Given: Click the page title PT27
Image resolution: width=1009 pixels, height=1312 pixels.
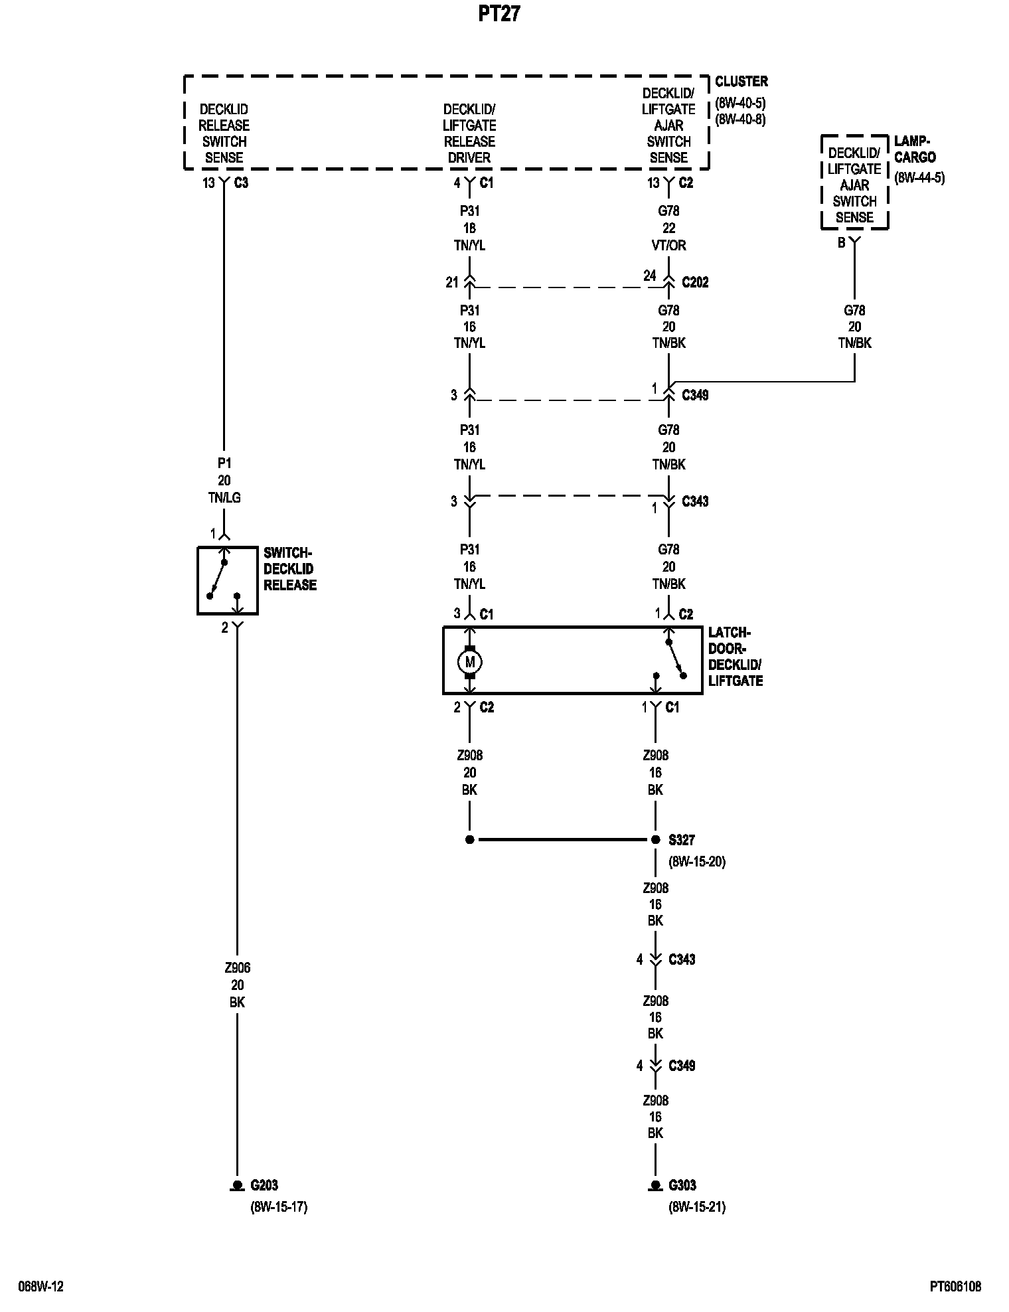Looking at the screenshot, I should tap(499, 15).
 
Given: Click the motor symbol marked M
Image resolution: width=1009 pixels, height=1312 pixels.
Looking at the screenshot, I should tap(470, 662).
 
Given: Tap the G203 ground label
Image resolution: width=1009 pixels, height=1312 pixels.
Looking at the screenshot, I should tap(264, 1185).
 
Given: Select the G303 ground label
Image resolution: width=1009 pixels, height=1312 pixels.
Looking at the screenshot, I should tap(682, 1185).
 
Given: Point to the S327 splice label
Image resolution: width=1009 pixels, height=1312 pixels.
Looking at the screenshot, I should tap(682, 840).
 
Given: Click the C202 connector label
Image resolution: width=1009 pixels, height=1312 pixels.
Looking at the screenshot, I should tap(695, 282).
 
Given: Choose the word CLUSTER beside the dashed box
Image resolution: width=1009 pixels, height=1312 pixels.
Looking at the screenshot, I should tap(741, 82).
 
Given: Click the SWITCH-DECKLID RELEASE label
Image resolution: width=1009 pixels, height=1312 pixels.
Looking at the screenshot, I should tap(289, 569).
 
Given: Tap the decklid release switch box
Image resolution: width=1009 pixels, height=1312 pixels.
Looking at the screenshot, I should tap(227, 580).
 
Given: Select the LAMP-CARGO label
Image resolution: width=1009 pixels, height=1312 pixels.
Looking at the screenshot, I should tap(915, 149).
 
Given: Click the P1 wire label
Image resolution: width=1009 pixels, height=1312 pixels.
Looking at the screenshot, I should tap(224, 463).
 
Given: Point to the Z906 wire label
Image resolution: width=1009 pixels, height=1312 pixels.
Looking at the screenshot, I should tap(237, 967).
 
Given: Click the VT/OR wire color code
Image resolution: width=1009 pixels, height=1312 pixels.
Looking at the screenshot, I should tap(668, 245).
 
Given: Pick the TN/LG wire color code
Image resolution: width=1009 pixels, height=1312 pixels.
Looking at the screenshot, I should tap(224, 497).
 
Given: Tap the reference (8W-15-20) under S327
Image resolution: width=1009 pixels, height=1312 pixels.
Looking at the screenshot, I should tap(697, 862).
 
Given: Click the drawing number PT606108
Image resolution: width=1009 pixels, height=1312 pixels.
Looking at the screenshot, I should tap(955, 1287).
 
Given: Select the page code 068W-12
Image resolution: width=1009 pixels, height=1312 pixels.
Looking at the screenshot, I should tap(41, 1287).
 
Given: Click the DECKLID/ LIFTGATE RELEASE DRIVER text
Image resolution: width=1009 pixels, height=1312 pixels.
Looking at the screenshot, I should tap(469, 133).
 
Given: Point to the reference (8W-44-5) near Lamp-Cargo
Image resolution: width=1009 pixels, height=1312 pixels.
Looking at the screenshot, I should tap(919, 178).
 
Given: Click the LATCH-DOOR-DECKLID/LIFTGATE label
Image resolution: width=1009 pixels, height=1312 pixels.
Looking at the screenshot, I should tap(735, 657).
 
